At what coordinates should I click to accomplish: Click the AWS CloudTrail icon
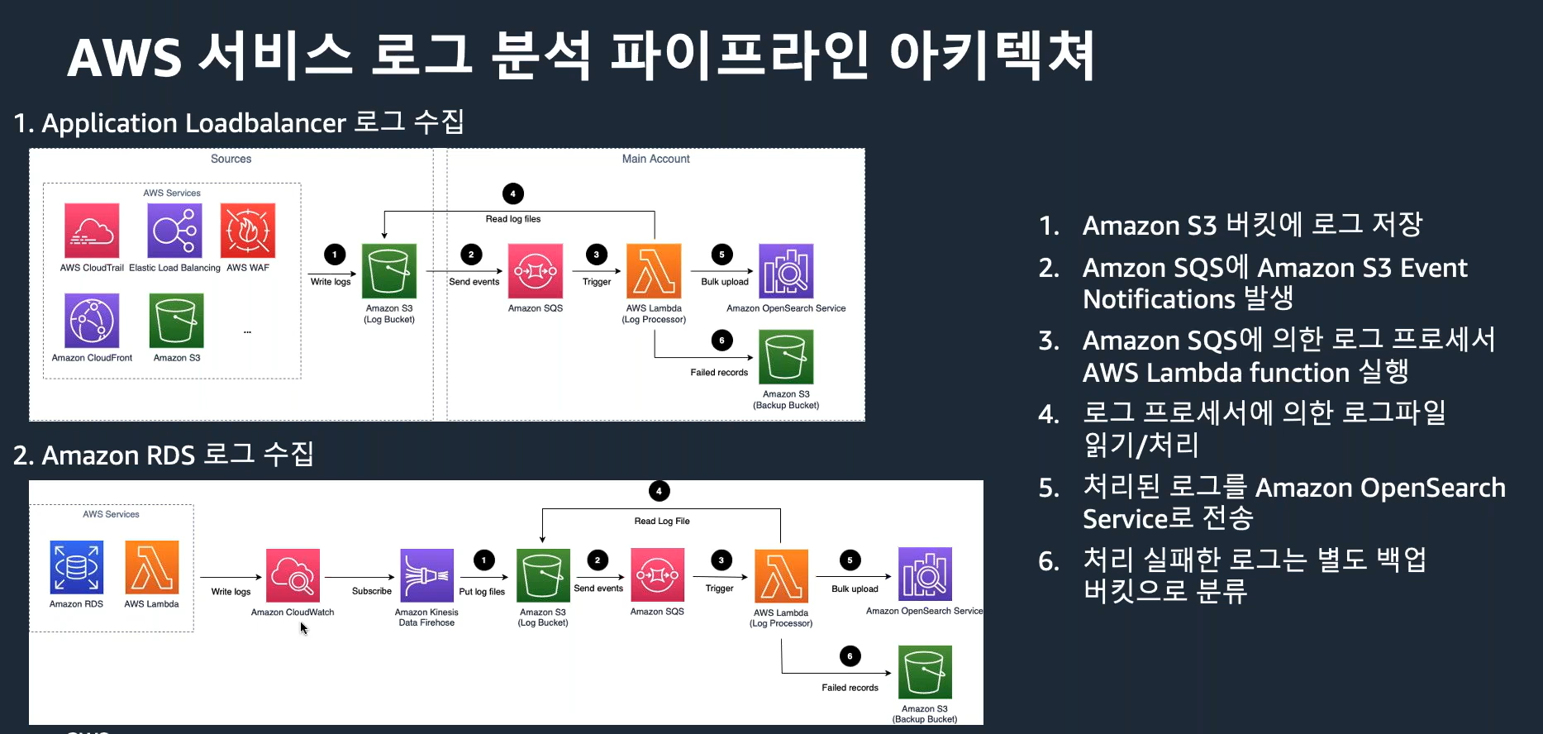coord(92,231)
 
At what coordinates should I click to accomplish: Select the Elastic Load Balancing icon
coord(174,231)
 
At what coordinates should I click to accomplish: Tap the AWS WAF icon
coord(248,231)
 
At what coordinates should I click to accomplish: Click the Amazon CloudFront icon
coord(92,321)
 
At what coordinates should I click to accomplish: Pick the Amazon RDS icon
coord(77,568)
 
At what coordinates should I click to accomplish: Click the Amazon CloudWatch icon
coord(293,576)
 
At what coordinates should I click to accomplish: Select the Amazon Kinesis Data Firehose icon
coord(426,575)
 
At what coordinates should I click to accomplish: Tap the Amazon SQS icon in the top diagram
coord(536,271)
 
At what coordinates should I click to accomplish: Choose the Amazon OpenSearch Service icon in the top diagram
coord(786,271)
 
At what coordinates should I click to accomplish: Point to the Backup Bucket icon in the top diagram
coord(786,357)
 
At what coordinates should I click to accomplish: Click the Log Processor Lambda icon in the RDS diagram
coord(781,576)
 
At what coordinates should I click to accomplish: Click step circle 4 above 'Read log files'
coord(513,193)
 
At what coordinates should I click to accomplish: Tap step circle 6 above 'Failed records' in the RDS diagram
coord(850,656)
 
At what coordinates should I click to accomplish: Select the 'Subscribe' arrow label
coord(372,591)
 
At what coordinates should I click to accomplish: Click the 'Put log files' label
coord(482,592)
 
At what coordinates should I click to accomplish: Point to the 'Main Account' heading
coord(655,159)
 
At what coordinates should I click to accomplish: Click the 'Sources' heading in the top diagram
coord(231,159)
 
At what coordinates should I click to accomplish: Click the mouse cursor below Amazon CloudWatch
coord(303,628)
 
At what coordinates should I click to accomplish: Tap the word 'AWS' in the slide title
coord(124,58)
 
